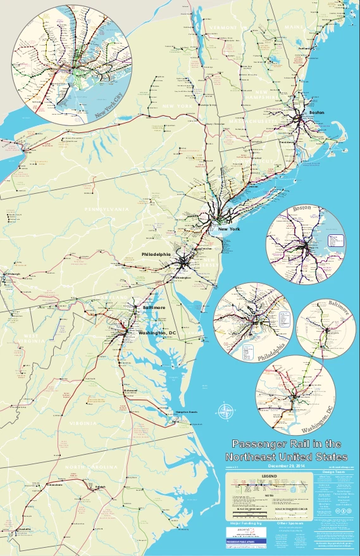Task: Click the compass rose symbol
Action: (x=225, y=412)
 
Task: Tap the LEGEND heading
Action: (x=270, y=475)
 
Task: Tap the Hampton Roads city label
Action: (x=186, y=412)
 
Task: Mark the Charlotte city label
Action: (x=24, y=528)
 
